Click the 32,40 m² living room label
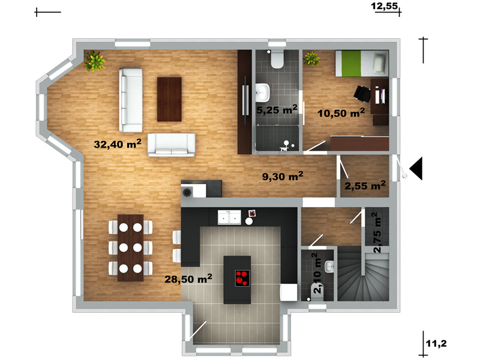point(118,143)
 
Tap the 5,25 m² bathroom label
point(277,109)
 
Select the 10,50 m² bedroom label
point(341,113)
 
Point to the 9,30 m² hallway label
point(283,176)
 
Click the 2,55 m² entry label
point(365,185)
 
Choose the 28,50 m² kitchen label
point(188,278)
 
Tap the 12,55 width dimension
point(384,6)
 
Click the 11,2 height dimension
point(436,343)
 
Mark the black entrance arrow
point(416,169)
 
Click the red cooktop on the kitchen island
point(242,278)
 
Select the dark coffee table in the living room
point(169,99)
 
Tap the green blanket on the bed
point(351,64)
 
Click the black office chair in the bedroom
point(362,94)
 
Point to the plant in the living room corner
point(95,61)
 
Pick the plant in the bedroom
point(311,59)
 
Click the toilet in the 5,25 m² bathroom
point(277,59)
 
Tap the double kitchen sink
point(229,218)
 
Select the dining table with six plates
point(130,248)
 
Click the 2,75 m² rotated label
point(377,233)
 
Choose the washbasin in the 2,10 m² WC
point(329,266)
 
